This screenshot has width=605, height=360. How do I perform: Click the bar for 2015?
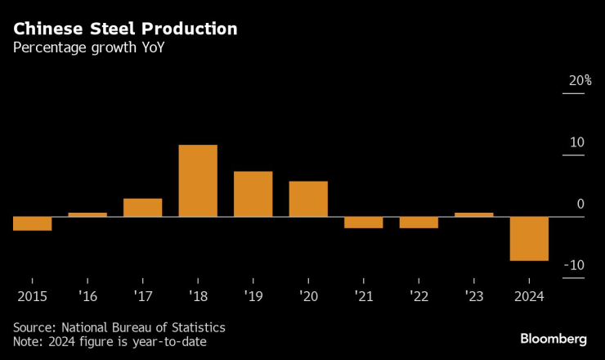tap(33, 223)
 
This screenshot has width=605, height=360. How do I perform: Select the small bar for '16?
tap(87, 214)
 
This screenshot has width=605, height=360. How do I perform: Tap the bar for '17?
tap(143, 208)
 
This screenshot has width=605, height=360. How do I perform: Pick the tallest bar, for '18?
tap(198, 181)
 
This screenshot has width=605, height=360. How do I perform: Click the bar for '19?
tap(253, 194)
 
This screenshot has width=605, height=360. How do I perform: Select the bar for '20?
tap(308, 199)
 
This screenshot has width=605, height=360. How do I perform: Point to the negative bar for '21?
tap(363, 223)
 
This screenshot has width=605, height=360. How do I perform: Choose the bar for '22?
tap(419, 223)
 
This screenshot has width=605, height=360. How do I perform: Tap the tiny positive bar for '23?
tap(473, 214)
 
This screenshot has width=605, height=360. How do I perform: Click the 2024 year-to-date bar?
tap(529, 239)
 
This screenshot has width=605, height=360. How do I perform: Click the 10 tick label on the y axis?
tap(576, 142)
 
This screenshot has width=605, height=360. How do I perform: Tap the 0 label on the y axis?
tap(580, 204)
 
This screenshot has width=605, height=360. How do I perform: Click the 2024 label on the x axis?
tap(529, 295)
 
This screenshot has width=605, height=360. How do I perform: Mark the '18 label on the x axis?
tap(198, 295)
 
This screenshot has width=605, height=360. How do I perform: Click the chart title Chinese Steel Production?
tap(125, 29)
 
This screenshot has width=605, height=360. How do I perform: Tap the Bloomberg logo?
tap(553, 338)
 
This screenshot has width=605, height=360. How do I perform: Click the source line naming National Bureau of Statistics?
tap(119, 327)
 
